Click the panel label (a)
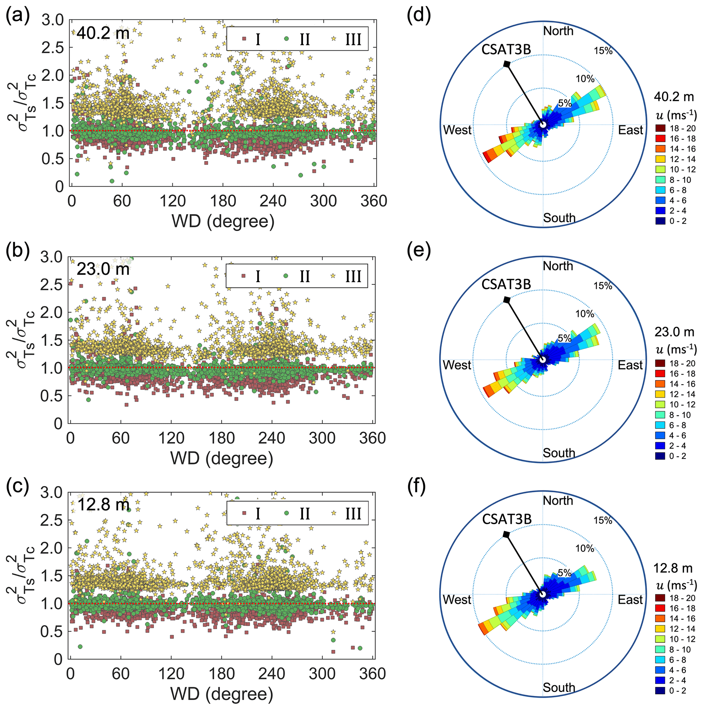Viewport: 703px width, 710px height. click(17, 17)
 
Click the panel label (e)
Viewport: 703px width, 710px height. click(419, 252)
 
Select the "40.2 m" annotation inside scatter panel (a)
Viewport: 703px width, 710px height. click(103, 33)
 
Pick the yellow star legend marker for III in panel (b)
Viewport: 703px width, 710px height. click(333, 276)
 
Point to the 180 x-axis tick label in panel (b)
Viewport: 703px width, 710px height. click(222, 438)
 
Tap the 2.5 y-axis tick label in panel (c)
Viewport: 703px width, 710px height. click(51, 520)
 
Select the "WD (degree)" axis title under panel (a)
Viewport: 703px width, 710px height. click(223, 222)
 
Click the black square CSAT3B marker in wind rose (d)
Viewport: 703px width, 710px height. click(507, 64)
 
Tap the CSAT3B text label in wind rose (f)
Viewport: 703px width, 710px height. click(507, 519)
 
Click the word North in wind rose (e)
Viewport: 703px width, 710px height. click(558, 266)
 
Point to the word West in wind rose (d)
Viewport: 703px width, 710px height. click(457, 130)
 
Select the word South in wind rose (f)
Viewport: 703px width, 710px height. click(559, 688)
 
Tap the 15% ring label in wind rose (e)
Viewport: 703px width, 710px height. click(603, 286)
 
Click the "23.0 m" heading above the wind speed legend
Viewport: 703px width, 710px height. click(674, 332)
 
